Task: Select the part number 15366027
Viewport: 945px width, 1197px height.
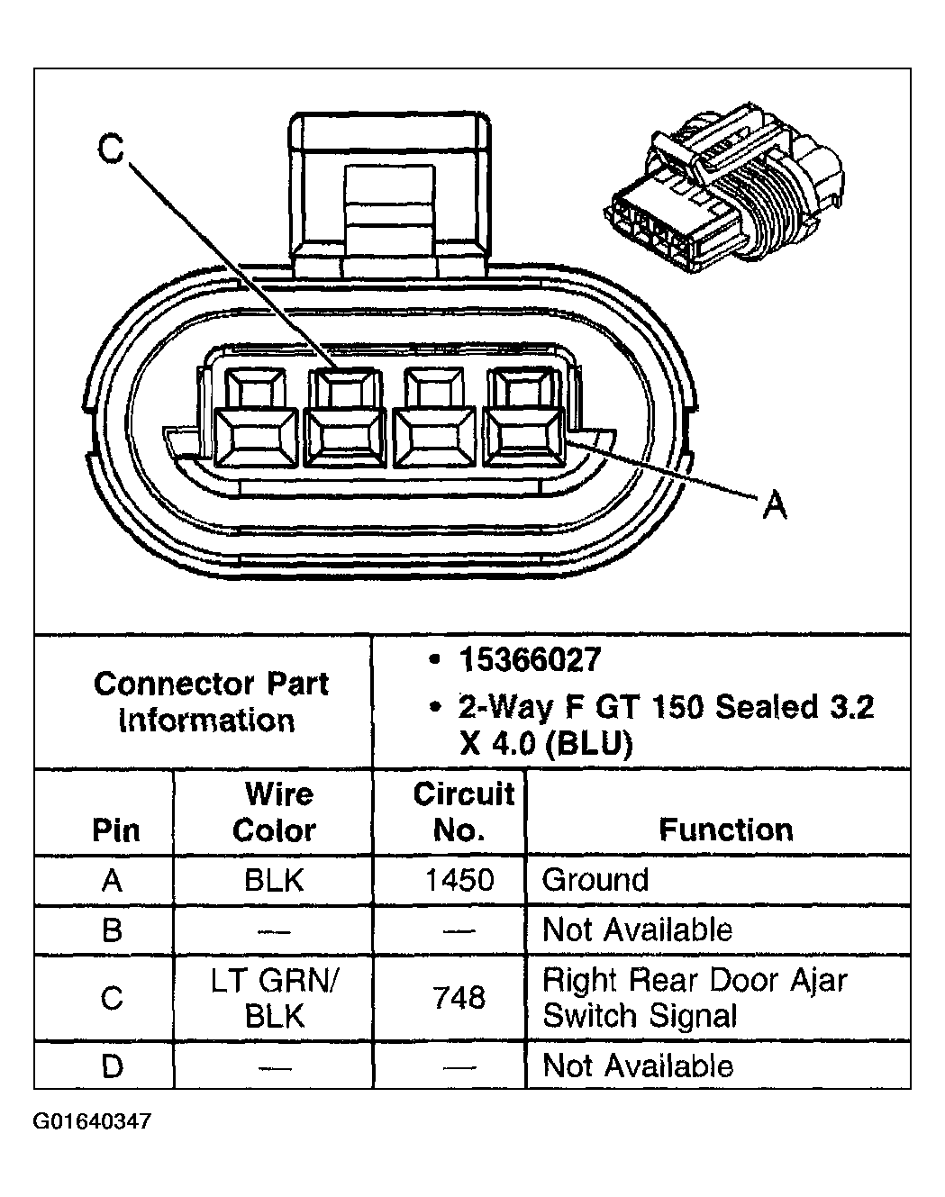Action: point(530,660)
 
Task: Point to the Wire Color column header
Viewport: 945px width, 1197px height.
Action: point(274,812)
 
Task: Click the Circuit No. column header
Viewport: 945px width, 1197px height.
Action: point(461,812)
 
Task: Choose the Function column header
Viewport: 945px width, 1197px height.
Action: point(725,829)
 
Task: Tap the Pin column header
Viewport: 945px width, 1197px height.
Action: point(115,830)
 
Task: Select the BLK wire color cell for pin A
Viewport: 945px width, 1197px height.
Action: point(274,880)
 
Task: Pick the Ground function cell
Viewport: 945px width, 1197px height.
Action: point(595,880)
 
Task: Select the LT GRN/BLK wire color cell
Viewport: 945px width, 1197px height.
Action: point(274,998)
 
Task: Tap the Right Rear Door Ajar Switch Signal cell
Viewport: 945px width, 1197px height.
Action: point(695,998)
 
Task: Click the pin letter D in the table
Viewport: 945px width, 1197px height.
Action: point(112,1066)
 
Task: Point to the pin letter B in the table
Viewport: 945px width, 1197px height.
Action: point(112,929)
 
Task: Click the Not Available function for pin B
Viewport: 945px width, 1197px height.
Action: point(638,929)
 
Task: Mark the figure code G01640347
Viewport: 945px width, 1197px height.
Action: point(93,1122)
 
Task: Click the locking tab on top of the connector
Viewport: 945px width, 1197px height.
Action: point(391,194)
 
